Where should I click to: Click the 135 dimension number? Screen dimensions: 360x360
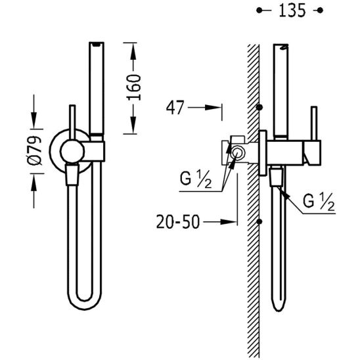pos(292,11)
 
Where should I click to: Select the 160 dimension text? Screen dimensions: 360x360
pos(133,87)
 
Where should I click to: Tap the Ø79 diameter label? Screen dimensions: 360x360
pos(35,150)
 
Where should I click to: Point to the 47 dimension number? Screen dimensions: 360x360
pos(175,108)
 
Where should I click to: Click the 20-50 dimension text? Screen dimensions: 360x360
pos(178,222)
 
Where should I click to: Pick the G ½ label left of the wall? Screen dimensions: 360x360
pos(195,179)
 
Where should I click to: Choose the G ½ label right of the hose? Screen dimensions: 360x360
pos(319,202)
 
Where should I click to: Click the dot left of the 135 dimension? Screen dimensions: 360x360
pos(259,11)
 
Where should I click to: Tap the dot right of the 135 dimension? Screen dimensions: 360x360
pos(320,11)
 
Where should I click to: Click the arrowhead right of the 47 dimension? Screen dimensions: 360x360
pos(213,107)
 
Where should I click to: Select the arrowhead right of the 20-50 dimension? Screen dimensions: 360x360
pos(228,222)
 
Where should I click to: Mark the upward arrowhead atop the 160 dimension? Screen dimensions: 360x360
pos(133,51)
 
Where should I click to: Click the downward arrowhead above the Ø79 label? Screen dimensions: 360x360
pos(34,120)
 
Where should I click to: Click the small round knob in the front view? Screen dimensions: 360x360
pos(72,151)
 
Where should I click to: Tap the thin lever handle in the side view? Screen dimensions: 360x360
pos(314,124)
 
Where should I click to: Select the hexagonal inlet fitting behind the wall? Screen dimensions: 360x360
pos(236,153)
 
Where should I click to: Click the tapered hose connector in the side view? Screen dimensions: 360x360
pos(277,177)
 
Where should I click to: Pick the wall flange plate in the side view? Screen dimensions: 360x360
pos(263,153)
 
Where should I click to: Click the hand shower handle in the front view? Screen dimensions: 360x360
pos(97,88)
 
